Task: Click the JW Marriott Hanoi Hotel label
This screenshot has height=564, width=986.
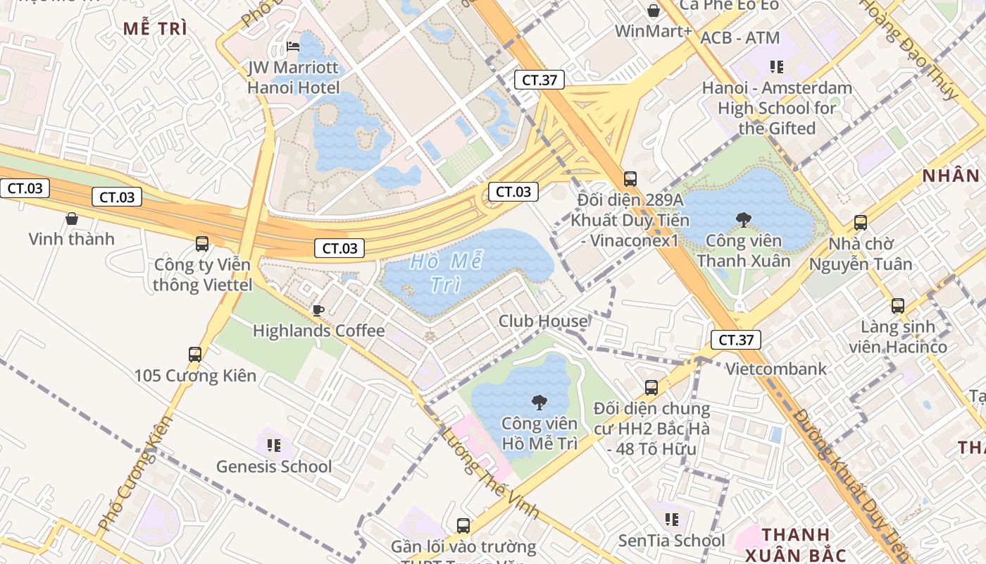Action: (x=293, y=78)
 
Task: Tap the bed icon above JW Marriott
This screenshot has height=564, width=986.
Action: (x=293, y=47)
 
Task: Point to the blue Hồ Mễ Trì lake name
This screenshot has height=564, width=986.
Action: (x=446, y=273)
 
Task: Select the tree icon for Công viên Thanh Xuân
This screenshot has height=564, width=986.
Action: (x=743, y=221)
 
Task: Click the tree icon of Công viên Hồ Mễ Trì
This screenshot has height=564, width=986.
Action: (x=539, y=403)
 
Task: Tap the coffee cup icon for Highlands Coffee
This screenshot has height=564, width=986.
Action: (x=318, y=310)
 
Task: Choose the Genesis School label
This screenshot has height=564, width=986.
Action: (x=273, y=466)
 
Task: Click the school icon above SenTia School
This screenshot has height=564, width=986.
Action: (x=672, y=520)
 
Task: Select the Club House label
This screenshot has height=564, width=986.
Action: (x=542, y=321)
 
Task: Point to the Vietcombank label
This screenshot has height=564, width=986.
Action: (x=776, y=369)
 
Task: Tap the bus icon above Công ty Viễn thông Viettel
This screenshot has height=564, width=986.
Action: (x=202, y=244)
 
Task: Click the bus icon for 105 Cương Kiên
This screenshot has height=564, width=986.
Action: (x=195, y=354)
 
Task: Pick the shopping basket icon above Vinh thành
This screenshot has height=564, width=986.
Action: (x=71, y=219)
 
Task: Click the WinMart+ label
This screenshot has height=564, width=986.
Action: (x=653, y=31)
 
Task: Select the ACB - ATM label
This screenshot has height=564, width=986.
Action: (x=740, y=38)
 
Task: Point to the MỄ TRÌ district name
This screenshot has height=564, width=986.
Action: (x=155, y=29)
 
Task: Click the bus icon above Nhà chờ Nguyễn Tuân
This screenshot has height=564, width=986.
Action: (x=860, y=223)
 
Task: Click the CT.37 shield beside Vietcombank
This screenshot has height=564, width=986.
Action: (x=735, y=340)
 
